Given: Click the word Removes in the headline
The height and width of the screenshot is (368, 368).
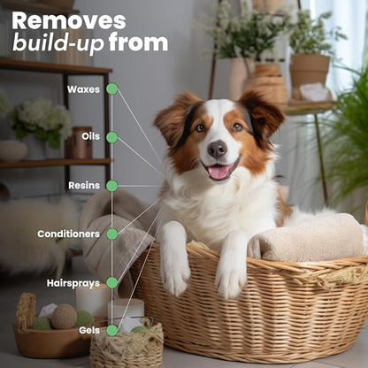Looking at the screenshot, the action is pyautogui.click(x=69, y=20).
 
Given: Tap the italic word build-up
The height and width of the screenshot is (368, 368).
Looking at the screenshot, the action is pyautogui.click(x=58, y=43).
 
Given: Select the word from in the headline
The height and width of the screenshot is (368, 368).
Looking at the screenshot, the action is pyautogui.click(x=138, y=42).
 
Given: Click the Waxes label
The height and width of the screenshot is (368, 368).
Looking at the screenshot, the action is pyautogui.click(x=83, y=89).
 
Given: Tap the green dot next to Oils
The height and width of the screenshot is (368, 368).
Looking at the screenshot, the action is pyautogui.click(x=112, y=137).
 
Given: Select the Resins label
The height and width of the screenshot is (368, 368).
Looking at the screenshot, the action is pyautogui.click(x=84, y=186).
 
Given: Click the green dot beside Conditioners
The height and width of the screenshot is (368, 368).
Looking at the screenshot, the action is pyautogui.click(x=112, y=234).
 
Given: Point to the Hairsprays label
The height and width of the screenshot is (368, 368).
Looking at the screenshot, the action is pyautogui.click(x=73, y=283).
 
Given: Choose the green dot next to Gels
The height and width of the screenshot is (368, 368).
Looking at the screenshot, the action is pyautogui.click(x=112, y=330).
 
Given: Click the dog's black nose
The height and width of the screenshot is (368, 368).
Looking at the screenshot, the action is pyautogui.click(x=217, y=149).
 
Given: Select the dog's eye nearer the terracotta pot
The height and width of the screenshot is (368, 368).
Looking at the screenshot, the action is pyautogui.click(x=237, y=126).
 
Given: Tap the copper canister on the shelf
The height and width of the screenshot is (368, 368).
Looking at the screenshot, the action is pyautogui.click(x=79, y=143).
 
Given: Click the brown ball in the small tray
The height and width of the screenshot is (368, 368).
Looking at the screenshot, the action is pyautogui.click(x=64, y=317).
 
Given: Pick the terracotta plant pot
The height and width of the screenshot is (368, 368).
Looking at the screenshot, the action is pyautogui.click(x=310, y=71).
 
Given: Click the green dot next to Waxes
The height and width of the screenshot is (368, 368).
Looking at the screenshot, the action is pyautogui.click(x=112, y=89).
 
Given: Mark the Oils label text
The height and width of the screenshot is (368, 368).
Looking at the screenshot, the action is pyautogui.click(x=91, y=136).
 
